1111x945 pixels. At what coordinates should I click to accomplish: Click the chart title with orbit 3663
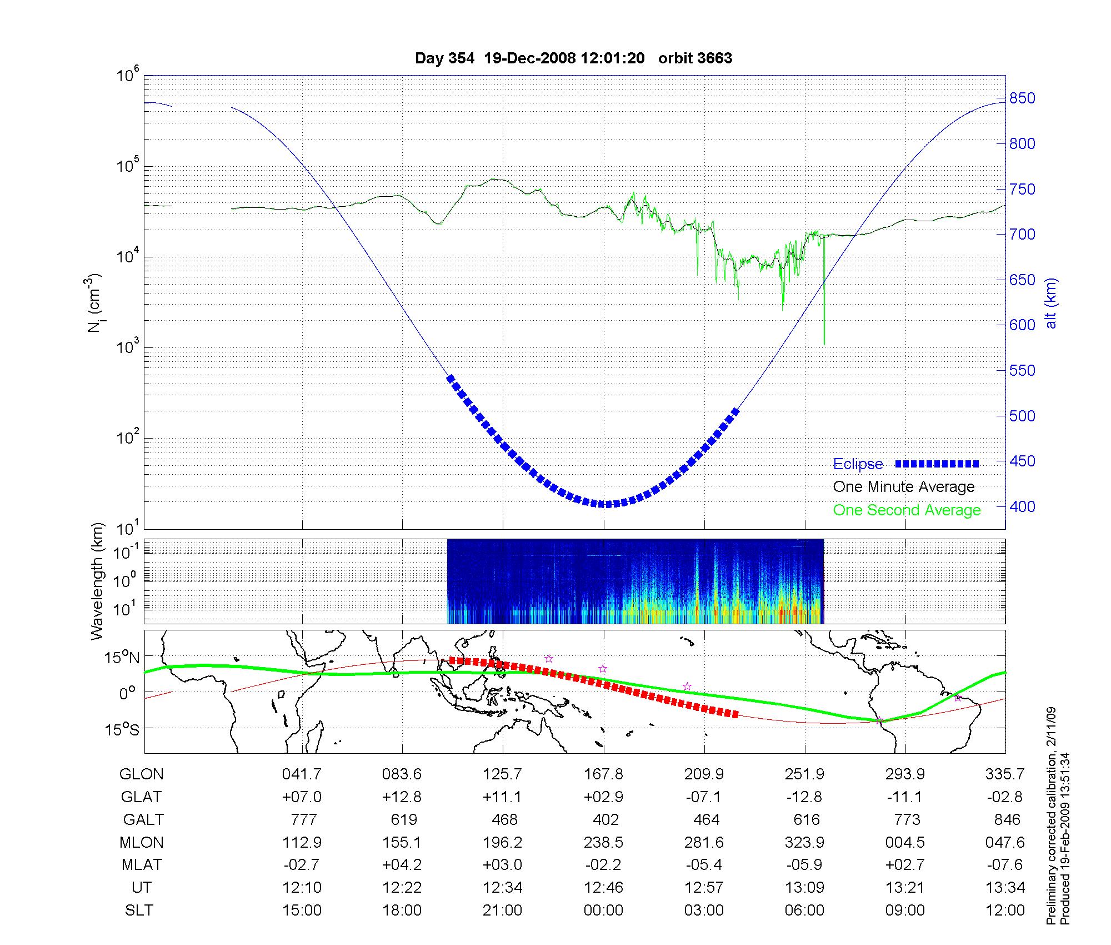573,58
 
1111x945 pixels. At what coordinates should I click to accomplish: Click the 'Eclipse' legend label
858,464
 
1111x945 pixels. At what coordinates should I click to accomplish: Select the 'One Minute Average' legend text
904,487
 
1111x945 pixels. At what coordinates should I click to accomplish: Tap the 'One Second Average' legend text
907,510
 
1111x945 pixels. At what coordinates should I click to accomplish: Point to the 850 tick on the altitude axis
1022,98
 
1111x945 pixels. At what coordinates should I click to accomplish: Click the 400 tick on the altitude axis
1022,506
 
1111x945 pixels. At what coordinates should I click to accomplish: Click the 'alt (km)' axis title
1051,303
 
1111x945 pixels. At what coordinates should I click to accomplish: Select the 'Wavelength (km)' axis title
98,581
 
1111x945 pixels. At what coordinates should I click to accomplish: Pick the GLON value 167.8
603,774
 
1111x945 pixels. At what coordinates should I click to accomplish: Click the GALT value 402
605,819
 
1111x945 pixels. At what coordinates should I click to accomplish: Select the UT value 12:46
603,887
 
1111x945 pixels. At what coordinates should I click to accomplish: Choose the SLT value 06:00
804,910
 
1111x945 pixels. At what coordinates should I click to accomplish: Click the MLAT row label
142,865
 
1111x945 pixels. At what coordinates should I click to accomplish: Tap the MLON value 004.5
905,842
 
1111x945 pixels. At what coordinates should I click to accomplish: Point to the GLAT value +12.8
402,797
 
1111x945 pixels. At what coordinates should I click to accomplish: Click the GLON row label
142,774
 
